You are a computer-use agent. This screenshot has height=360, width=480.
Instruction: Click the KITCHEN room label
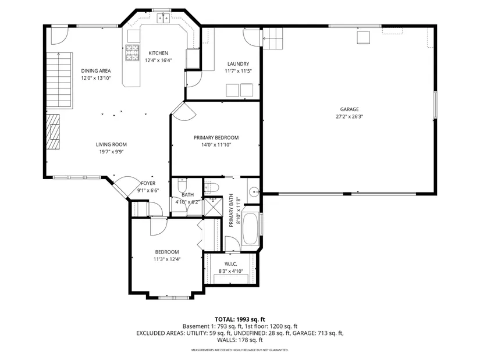pyautogui.click(x=158, y=53)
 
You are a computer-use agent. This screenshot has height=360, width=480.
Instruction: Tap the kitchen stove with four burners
pyautogui.click(x=132, y=53)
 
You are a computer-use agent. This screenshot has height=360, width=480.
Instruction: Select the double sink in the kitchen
pyautogui.click(x=163, y=19)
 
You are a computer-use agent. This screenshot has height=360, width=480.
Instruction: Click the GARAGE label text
pyautogui.click(x=349, y=109)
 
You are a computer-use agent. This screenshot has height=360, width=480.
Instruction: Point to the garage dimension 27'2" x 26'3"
pyautogui.click(x=349, y=116)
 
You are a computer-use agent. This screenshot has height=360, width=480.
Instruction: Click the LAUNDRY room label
pyautogui.click(x=238, y=64)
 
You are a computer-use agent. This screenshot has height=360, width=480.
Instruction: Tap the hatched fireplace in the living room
pyautogui.click(x=53, y=131)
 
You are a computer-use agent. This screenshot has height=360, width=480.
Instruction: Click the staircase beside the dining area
pyautogui.click(x=59, y=80)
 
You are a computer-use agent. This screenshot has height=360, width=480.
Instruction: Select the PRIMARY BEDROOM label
pyautogui.click(x=216, y=138)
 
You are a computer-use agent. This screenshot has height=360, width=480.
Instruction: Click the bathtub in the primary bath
pyautogui.click(x=250, y=228)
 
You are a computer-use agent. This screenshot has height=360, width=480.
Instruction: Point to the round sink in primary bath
pyautogui.click(x=254, y=192)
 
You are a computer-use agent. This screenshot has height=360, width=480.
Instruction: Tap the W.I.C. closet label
pyautogui.click(x=231, y=264)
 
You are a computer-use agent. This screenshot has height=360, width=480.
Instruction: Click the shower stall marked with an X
pyautogui.click(x=212, y=207)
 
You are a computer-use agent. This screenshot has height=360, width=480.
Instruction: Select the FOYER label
pyautogui.click(x=148, y=183)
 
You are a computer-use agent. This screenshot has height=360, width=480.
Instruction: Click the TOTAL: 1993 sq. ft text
pyautogui.click(x=240, y=320)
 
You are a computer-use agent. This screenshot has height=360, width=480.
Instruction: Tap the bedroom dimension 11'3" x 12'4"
pyautogui.click(x=167, y=259)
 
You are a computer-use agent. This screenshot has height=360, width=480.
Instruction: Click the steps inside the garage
pyautogui.click(x=273, y=38)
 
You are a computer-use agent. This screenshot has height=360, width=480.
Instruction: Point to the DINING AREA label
pyautogui.click(x=96, y=71)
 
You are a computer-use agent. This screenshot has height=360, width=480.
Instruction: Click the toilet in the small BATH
pyautogui.click(x=182, y=184)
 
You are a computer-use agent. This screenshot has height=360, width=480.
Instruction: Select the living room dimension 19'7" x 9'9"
pyautogui.click(x=111, y=152)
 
